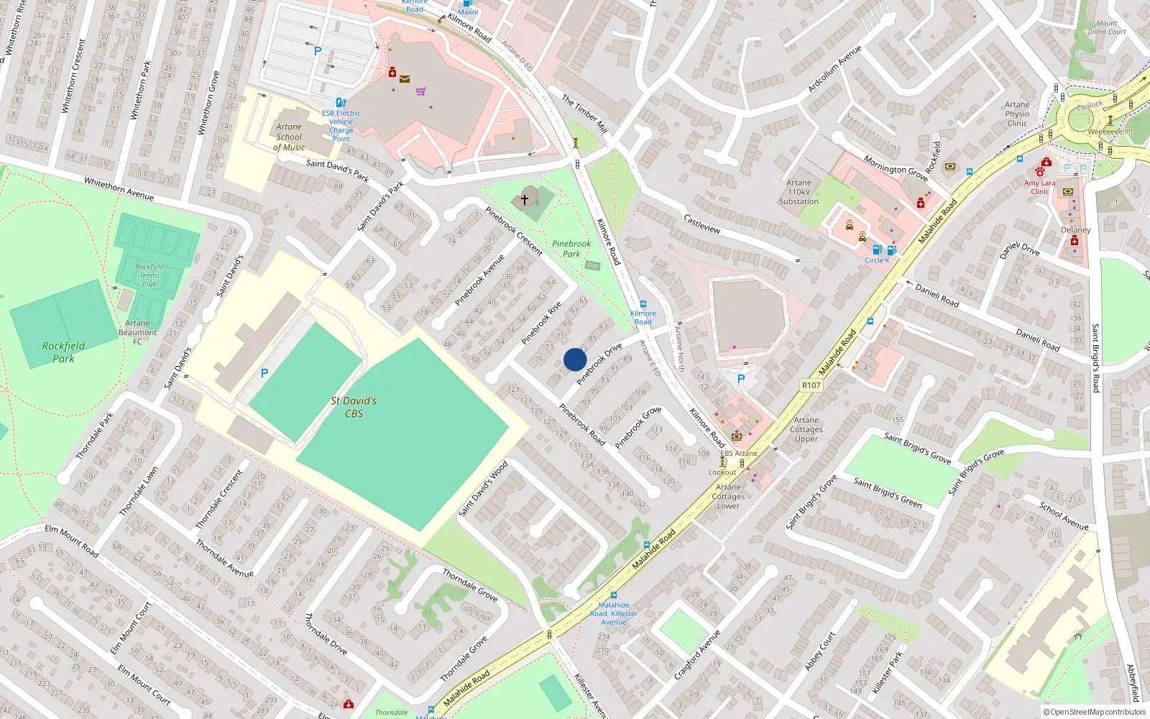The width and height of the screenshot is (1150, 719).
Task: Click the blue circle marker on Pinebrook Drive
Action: (575, 359)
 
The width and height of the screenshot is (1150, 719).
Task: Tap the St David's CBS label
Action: (354, 407)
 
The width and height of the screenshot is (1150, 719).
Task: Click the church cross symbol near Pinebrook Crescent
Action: (525, 199)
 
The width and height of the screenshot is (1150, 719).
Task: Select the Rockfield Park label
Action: (63, 352)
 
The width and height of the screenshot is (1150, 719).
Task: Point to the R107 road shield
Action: (811, 385)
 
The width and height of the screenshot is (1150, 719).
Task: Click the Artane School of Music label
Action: (289, 137)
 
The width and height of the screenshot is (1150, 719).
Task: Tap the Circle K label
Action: (877, 260)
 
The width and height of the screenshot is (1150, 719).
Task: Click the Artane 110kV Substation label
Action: (799, 192)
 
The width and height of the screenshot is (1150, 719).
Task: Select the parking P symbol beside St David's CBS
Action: (264, 373)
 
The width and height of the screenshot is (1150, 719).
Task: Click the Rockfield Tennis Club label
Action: (149, 275)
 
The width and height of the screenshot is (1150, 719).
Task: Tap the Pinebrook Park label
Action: (571, 249)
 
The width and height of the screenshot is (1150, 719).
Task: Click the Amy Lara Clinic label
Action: (1040, 187)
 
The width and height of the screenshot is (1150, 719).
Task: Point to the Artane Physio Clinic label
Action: (1017, 114)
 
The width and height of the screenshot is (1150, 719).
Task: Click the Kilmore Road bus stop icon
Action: (643, 304)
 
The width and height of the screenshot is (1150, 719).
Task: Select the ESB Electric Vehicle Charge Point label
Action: (341, 126)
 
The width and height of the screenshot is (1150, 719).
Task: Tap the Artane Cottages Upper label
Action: (806, 429)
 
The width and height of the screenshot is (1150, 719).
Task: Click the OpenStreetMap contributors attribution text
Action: (1094, 712)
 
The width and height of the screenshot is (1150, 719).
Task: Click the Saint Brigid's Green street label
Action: (887, 493)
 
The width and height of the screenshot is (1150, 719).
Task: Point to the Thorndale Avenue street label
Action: (224, 559)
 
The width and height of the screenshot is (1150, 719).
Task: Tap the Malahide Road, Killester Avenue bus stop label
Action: (614, 613)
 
